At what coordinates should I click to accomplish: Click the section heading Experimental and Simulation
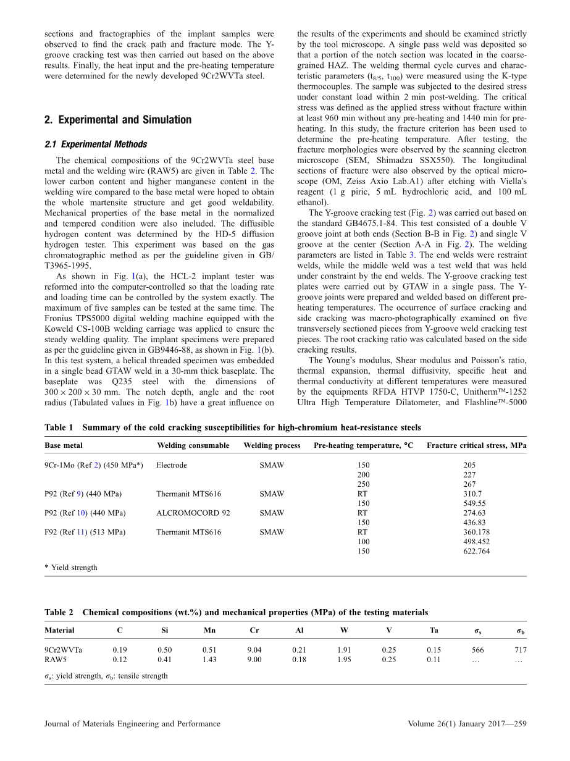(118, 120)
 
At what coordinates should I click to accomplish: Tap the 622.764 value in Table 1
(476, 552)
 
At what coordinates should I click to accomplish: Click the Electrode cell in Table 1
(172, 465)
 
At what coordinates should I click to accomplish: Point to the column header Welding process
(272, 445)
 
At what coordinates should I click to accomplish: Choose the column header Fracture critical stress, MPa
(476, 445)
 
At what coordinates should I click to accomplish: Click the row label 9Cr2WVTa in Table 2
(63, 650)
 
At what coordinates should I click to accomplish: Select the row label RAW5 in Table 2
(56, 659)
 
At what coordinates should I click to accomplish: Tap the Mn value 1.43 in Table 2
(209, 659)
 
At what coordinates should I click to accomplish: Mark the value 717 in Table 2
(520, 650)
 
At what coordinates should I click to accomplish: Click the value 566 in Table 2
(477, 650)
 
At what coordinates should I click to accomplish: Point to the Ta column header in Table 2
(434, 631)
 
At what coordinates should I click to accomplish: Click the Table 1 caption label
(59, 427)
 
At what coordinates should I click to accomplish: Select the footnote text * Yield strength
(70, 568)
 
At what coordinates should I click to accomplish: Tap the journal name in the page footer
(132, 724)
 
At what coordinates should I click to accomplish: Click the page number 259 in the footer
(519, 724)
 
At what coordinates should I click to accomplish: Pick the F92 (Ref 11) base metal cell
(85, 532)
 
